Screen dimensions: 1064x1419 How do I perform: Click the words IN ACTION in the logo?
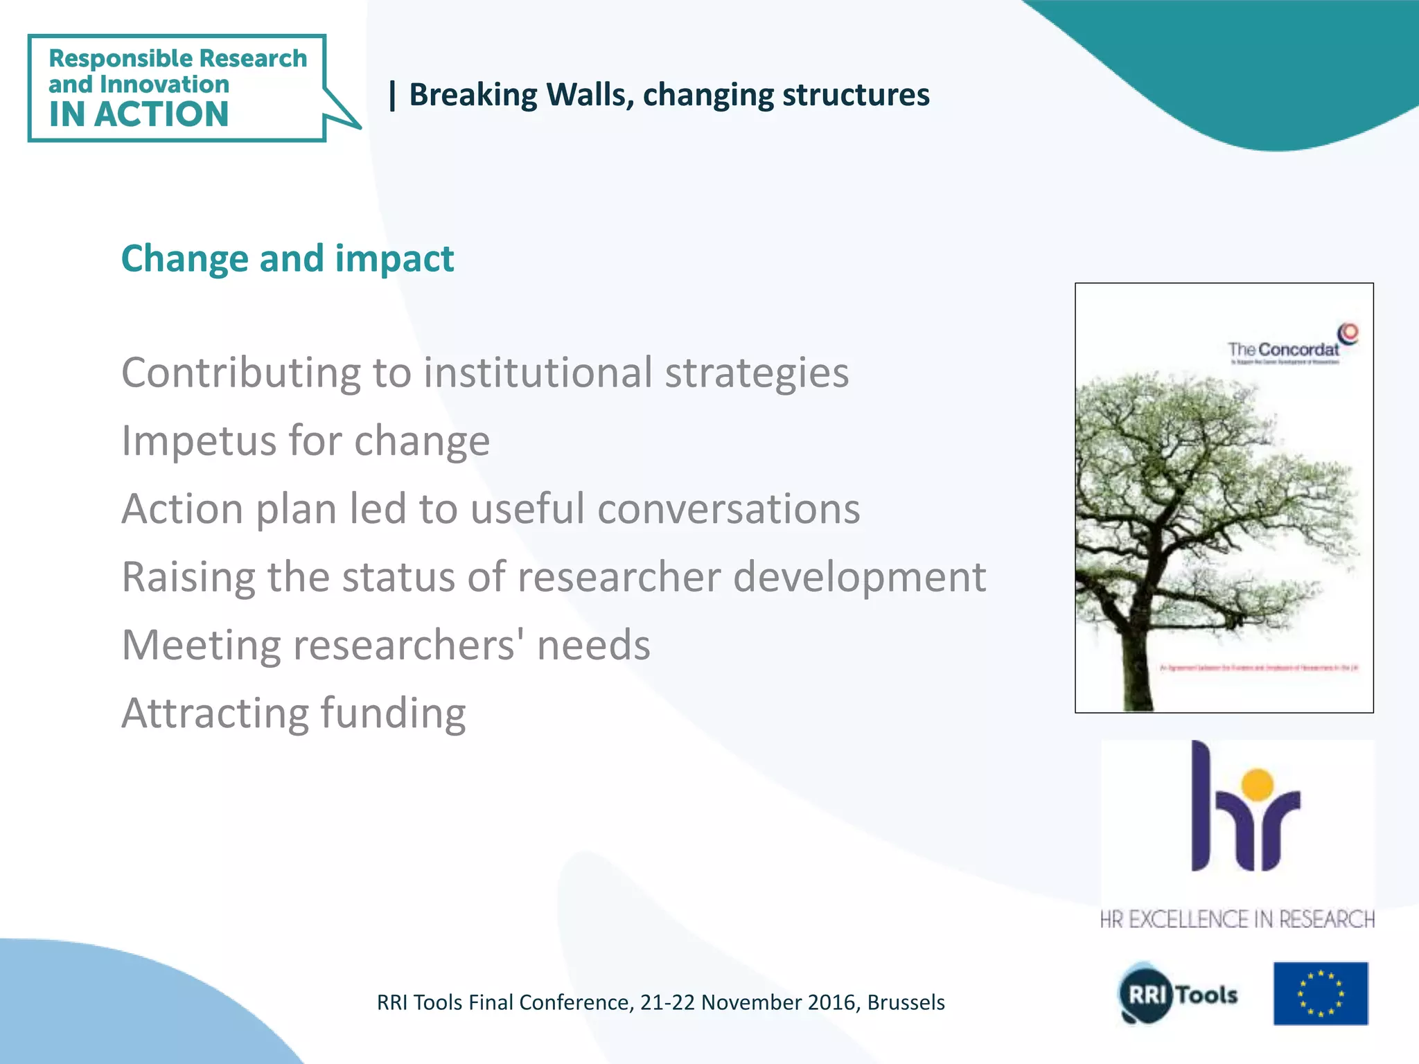click(x=139, y=114)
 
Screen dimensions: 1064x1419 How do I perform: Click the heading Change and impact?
click(x=287, y=258)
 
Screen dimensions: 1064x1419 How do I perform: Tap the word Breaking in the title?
click(x=473, y=95)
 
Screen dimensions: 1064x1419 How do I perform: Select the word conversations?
click(x=728, y=508)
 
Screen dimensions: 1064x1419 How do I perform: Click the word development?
click(x=859, y=576)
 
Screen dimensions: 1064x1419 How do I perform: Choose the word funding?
click(x=393, y=713)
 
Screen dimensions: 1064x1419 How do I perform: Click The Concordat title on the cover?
click(x=1283, y=349)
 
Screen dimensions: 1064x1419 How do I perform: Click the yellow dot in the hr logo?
click(x=1258, y=784)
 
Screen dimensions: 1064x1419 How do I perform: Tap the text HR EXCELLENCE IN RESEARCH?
click(x=1237, y=919)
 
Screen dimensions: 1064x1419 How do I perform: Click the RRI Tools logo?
click(x=1178, y=994)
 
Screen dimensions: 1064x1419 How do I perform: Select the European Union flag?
click(x=1320, y=993)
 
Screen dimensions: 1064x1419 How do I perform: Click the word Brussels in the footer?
click(x=906, y=1002)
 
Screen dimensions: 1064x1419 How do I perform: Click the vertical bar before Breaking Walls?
click(x=393, y=95)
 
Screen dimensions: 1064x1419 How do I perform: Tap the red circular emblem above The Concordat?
click(x=1348, y=333)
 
